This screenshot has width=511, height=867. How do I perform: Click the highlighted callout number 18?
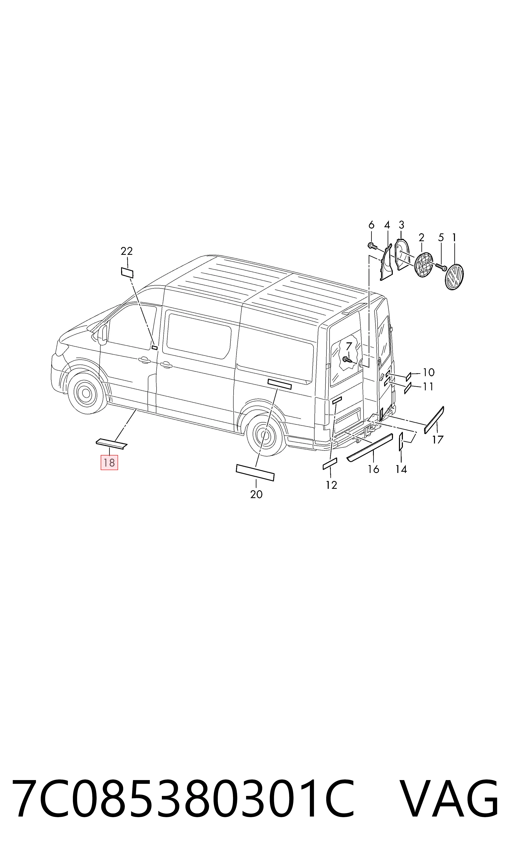tap(109, 462)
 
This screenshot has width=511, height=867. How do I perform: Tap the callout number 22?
tap(127, 251)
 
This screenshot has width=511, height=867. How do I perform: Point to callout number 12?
tap(331, 485)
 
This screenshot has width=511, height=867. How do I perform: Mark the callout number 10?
tap(429, 372)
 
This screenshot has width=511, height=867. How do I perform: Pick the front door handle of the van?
tap(144, 360)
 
